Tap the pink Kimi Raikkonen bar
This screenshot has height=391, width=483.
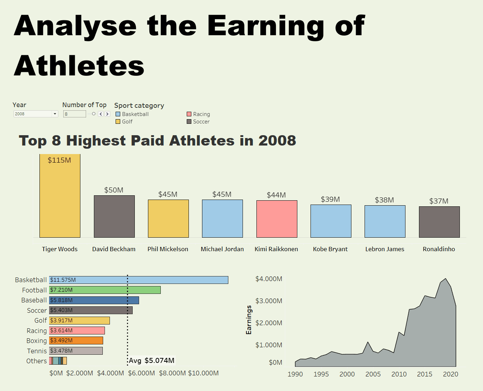[x=277, y=219]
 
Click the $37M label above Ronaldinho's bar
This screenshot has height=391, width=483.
[x=439, y=201]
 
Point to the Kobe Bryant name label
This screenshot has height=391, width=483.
[x=330, y=249]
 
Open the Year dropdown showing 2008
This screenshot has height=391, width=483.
[x=36, y=114]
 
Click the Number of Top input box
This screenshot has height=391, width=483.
[x=75, y=114]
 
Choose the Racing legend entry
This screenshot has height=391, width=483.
[x=201, y=114]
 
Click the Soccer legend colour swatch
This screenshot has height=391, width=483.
[x=189, y=122]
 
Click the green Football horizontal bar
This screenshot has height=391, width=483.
[x=105, y=290]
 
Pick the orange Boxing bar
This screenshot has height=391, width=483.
[x=76, y=340]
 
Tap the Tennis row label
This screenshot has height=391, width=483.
[x=37, y=351]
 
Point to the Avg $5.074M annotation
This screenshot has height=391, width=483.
[x=152, y=360]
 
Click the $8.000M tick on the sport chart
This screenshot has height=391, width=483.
[x=172, y=373]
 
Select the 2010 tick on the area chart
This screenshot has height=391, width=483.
[x=399, y=374]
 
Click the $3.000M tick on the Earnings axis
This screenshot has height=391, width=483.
[x=269, y=301]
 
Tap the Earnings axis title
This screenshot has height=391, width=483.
[x=249, y=320]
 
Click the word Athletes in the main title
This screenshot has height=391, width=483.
[x=79, y=66]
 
